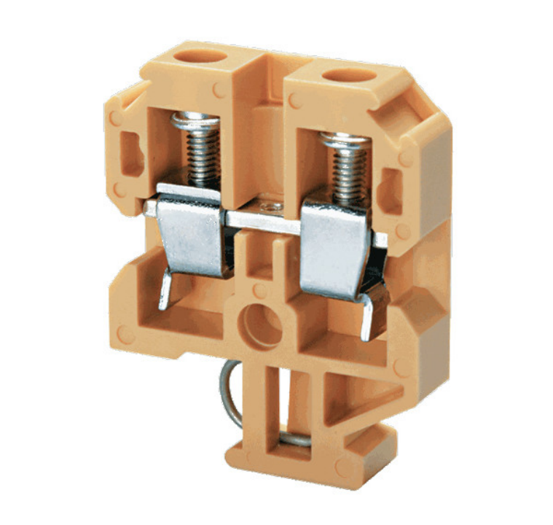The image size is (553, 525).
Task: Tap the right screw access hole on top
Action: click(352, 75)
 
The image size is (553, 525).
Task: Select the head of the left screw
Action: click(195, 120)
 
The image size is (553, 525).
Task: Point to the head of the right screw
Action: click(348, 140)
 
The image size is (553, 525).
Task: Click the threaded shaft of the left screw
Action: click(200, 157)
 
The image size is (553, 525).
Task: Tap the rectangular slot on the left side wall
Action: click(132, 154)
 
